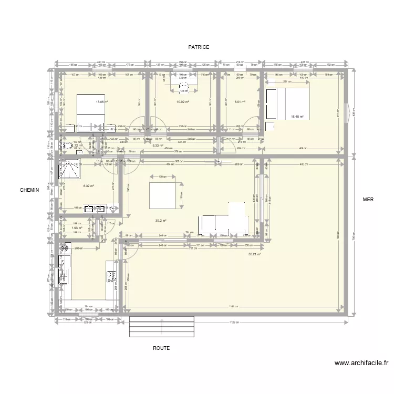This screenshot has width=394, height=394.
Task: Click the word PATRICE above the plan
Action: (x=199, y=47)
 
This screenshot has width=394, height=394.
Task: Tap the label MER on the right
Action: (x=368, y=200)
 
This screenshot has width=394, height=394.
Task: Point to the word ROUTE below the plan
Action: (x=161, y=348)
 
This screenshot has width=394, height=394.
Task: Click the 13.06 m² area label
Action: (x=101, y=102)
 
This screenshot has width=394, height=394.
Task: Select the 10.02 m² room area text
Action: (x=183, y=102)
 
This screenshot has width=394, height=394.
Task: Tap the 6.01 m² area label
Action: (x=240, y=102)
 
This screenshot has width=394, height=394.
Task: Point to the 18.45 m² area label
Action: (x=297, y=117)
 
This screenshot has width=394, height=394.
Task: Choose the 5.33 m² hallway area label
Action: (x=158, y=146)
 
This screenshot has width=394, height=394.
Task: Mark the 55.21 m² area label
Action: (x=255, y=254)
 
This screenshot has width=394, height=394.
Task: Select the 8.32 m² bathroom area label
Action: (x=88, y=185)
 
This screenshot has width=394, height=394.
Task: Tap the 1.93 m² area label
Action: (x=77, y=228)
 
